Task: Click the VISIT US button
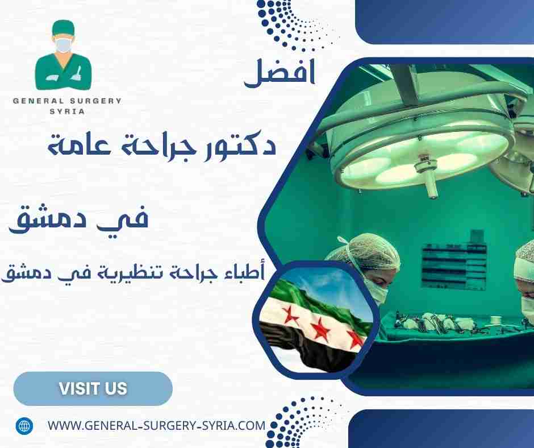[93, 389]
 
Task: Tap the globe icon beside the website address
[24, 425]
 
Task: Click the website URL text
[156, 425]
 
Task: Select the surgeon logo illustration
[63, 57]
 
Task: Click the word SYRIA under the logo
[67, 111]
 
